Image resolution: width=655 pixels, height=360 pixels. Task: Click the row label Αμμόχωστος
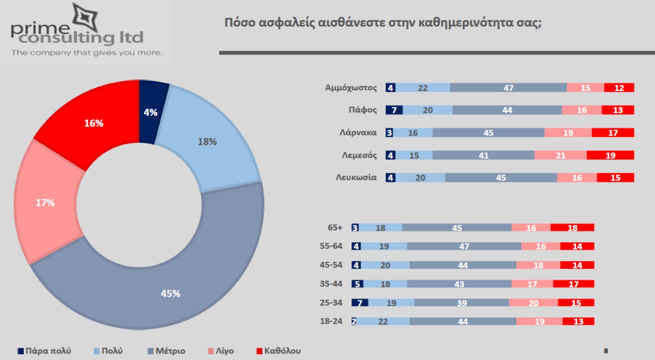pyautogui.click(x=351, y=88)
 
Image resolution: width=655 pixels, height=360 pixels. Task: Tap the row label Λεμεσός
pyautogui.click(x=359, y=155)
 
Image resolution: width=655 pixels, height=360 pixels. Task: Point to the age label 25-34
pyautogui.click(x=331, y=303)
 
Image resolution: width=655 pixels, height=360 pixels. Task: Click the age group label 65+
pyautogui.click(x=335, y=228)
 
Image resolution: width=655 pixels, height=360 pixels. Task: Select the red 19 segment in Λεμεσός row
pyautogui.click(x=610, y=155)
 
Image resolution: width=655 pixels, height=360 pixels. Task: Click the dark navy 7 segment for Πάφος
pyautogui.click(x=394, y=110)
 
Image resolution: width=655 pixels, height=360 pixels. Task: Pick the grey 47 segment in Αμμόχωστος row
pyautogui.click(x=508, y=88)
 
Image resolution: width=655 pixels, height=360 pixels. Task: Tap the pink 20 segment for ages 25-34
pyautogui.click(x=533, y=303)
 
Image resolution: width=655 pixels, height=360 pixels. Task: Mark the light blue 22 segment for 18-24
pyautogui.click(x=383, y=321)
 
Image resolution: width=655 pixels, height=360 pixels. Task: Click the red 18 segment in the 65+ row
pyautogui.click(x=572, y=228)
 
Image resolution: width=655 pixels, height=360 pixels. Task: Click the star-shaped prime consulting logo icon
pyautogui.click(x=85, y=17)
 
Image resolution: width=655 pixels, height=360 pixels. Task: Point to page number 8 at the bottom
pyautogui.click(x=606, y=351)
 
